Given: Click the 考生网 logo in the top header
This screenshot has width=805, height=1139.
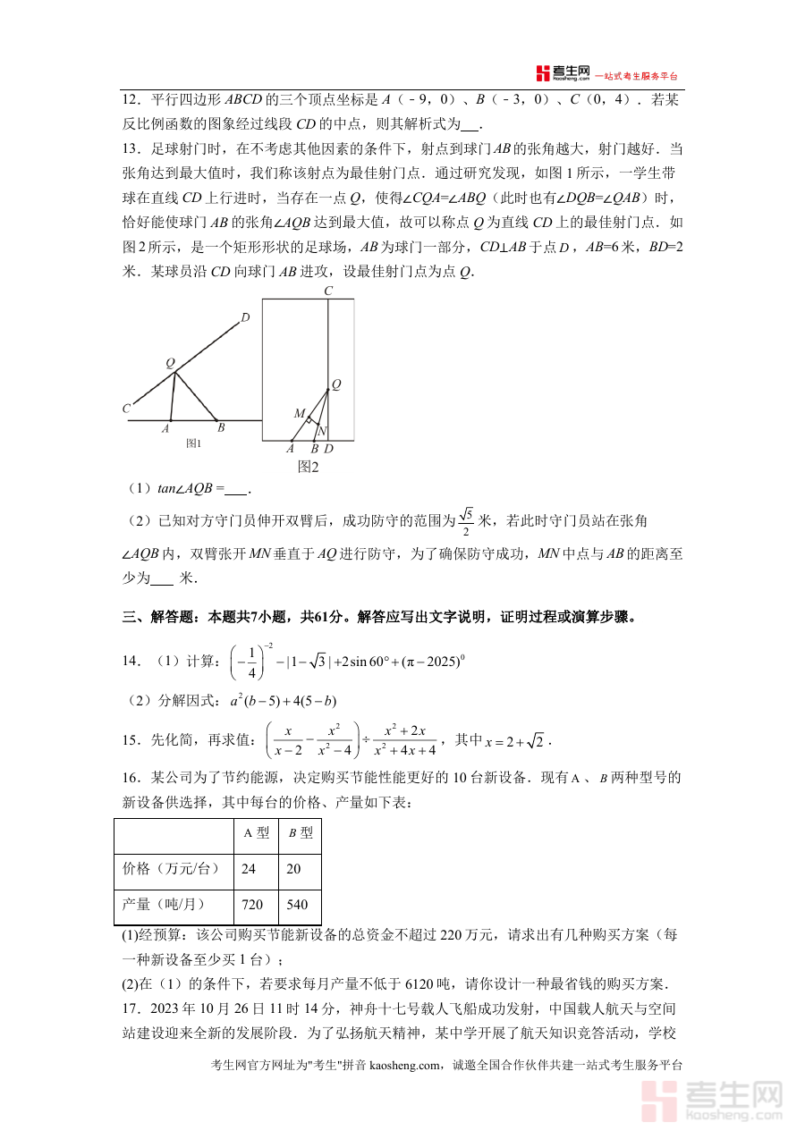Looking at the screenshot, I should (563, 73).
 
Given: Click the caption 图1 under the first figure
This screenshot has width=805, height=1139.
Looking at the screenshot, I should (193, 443).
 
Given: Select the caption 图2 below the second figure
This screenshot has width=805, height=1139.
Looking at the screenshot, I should (308, 466).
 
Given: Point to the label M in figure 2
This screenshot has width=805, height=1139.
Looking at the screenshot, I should (300, 413).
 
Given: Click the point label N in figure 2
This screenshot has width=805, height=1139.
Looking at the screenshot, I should (322, 430).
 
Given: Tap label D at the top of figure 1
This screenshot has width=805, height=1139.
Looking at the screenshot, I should (245, 317).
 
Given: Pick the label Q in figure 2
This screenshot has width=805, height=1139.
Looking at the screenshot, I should (336, 384).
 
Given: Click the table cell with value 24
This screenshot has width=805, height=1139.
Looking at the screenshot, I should (249, 868).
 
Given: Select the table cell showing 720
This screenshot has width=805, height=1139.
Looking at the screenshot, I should (252, 905).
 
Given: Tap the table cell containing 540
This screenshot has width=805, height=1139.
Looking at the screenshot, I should (297, 905).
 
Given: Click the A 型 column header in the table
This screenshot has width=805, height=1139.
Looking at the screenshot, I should (256, 832).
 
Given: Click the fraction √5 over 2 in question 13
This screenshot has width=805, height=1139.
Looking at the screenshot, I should (465, 520).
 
